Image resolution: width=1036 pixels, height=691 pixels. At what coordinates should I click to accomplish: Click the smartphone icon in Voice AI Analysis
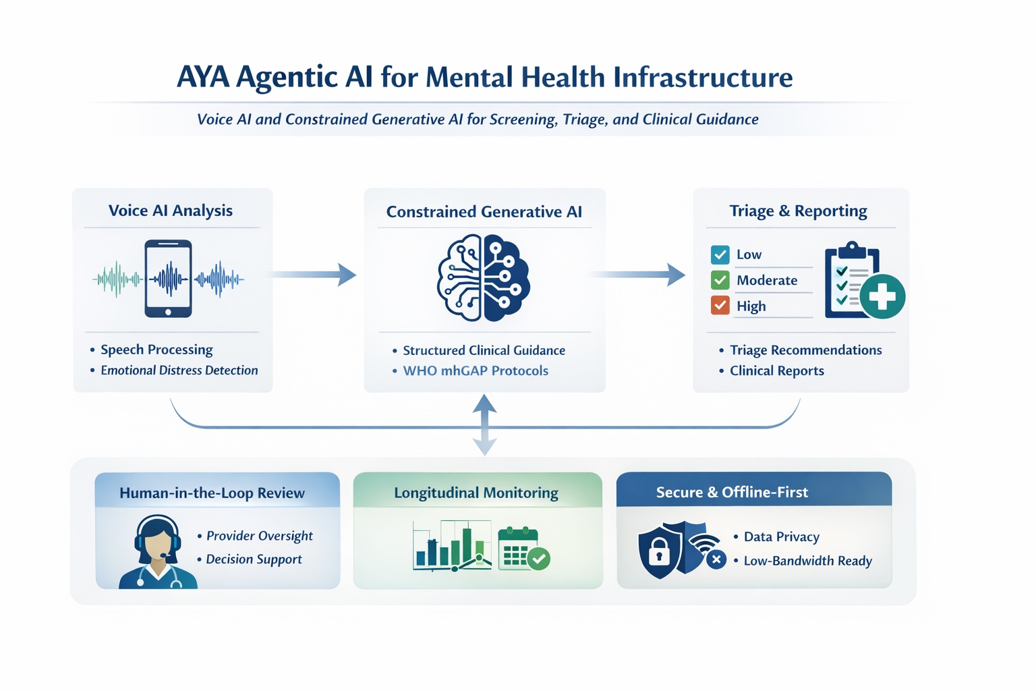pos(168,278)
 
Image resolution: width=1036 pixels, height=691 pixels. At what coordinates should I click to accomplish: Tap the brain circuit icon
pos(484,278)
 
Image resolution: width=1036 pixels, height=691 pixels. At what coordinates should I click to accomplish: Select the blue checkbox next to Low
pos(720,254)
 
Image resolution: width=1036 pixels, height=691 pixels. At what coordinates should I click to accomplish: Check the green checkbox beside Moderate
pos(720,280)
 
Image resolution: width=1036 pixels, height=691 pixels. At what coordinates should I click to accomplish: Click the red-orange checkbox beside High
pos(720,306)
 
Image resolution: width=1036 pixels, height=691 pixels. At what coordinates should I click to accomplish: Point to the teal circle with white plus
pos(882,296)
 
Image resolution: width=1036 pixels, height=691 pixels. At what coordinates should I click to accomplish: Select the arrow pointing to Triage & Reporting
pos(637,275)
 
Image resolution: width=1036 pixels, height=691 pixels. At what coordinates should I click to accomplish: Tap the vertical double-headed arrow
pos(484,425)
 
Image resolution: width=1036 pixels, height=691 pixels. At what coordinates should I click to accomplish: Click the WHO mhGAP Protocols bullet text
pos(476,370)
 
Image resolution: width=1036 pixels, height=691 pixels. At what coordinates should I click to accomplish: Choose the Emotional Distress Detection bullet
pos(179,370)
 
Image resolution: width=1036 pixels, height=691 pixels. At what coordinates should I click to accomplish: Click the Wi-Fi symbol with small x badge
pos(708,548)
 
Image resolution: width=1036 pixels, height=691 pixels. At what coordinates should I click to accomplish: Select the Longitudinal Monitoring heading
pos(476,493)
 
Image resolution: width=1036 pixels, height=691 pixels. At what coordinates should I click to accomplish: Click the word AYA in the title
pos(202,77)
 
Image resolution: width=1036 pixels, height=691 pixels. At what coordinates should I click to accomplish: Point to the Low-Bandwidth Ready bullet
pos(807,561)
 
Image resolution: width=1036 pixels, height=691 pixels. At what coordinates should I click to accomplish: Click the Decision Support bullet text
pos(254,559)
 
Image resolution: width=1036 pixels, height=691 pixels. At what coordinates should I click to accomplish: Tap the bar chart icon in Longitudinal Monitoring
pos(449,547)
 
